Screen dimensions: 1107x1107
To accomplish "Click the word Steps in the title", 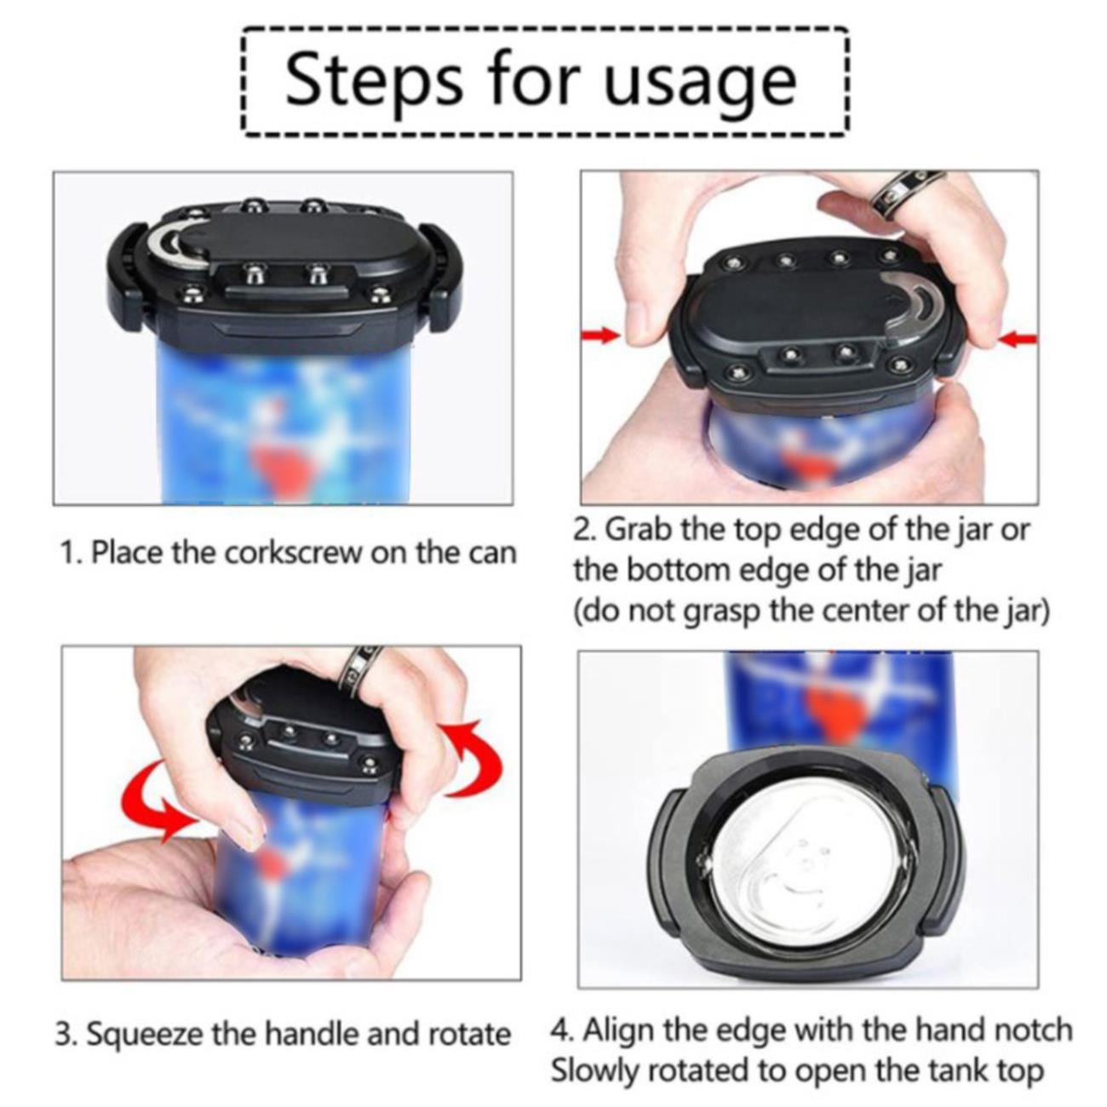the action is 374,80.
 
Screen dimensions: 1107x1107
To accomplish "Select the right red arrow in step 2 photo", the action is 1018,340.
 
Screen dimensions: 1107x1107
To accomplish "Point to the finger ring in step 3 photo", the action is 362,668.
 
